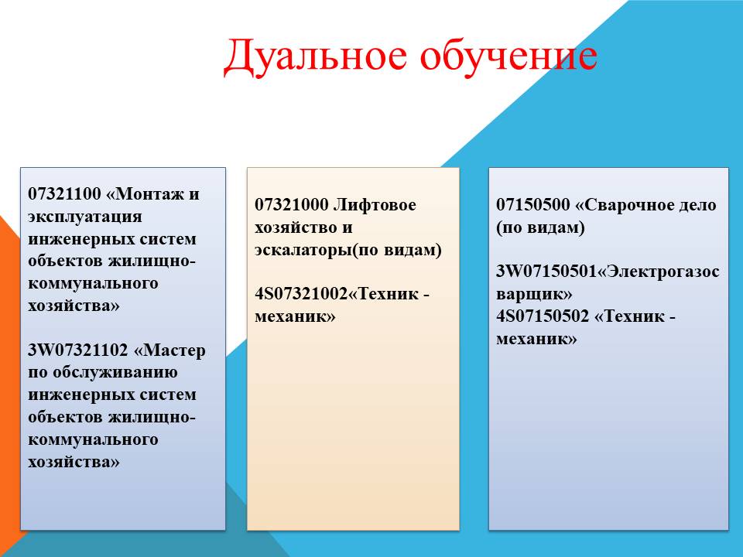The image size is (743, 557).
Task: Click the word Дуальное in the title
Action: pos(315,56)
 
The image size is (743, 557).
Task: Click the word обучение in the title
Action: pos(508,56)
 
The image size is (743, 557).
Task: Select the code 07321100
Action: pos(64,193)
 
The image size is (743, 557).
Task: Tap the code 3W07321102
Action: pos(77,350)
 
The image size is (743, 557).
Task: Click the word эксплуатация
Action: pos(85,217)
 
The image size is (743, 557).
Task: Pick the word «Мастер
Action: pos(169,350)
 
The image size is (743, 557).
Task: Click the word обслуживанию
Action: pos(115,373)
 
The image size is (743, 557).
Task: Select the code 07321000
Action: pos(292,204)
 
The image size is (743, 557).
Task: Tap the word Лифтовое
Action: pos(375,204)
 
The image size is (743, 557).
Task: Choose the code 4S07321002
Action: pos(301,294)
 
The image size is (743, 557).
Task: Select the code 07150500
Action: pos(533,204)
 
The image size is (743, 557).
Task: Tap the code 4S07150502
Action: pos(543,316)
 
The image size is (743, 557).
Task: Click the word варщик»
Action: pos(534,294)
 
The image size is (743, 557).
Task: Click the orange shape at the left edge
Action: pos(9,379)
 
